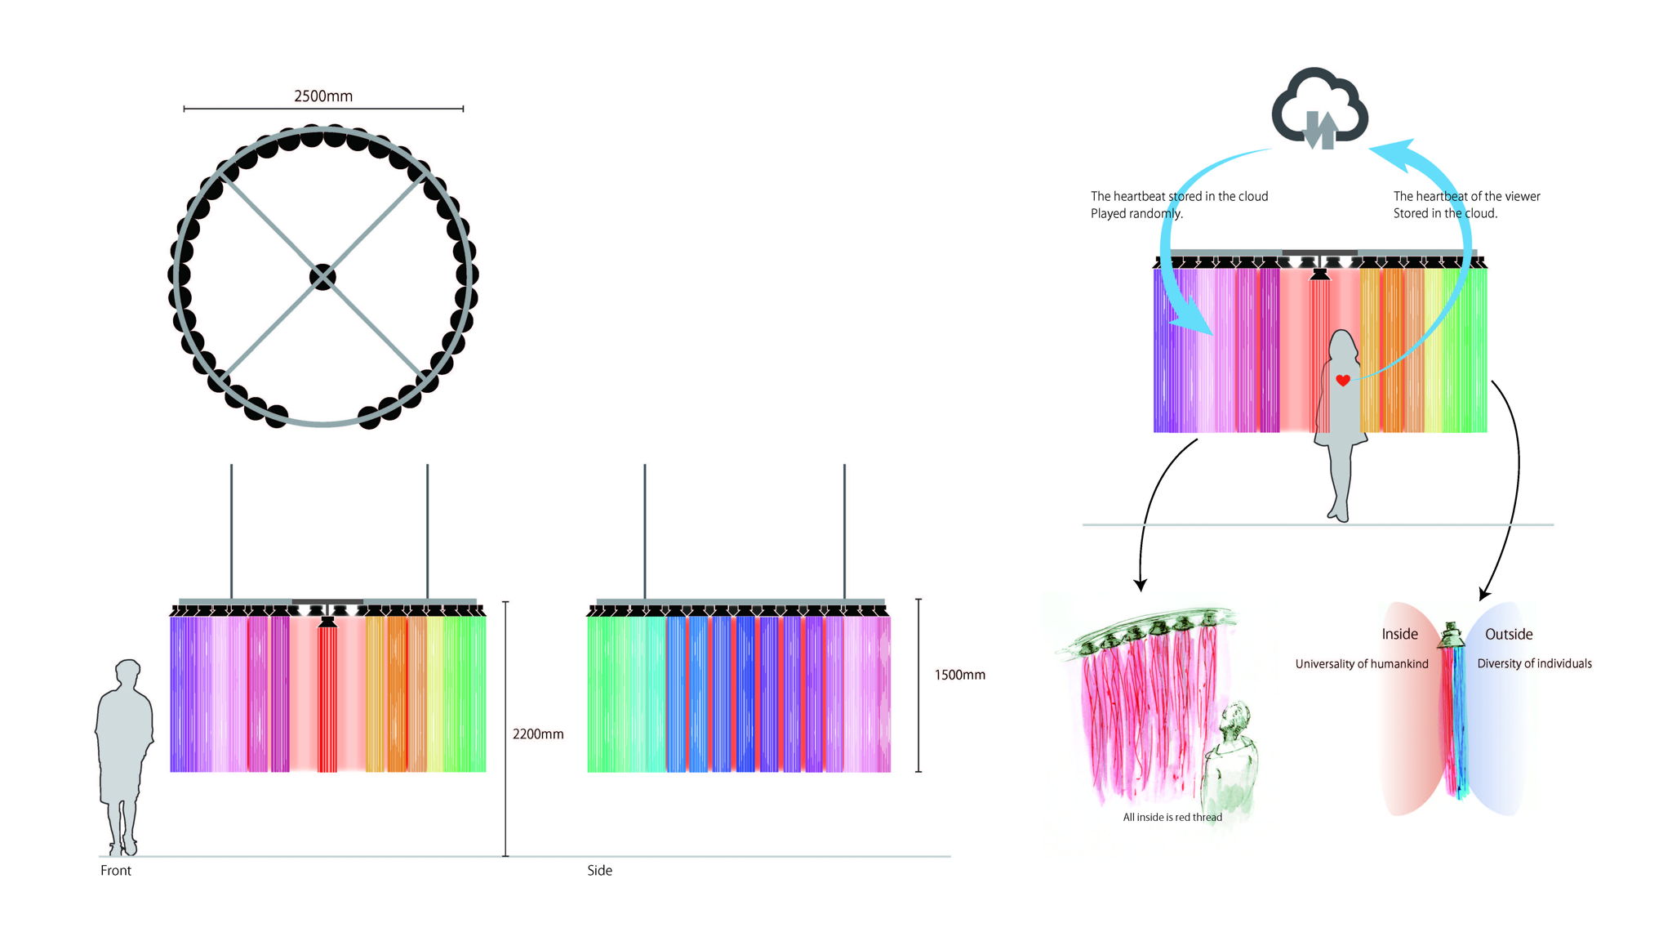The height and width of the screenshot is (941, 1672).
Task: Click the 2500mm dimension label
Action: (323, 96)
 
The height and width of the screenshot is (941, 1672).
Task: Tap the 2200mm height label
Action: (538, 734)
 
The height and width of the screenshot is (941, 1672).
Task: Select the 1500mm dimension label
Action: (959, 675)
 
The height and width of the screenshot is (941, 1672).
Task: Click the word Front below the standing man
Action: (115, 871)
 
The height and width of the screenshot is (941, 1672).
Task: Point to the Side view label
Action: (599, 871)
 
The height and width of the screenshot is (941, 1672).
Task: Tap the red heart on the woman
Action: (1343, 381)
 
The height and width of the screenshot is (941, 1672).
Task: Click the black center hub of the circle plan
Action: (323, 278)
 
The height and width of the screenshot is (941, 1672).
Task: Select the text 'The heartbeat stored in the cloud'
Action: (1179, 196)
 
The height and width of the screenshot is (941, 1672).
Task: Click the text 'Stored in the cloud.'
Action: (1445, 213)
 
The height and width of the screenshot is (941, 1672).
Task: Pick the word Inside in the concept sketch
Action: (1399, 634)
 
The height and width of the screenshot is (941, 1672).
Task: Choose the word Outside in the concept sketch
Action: (1509, 634)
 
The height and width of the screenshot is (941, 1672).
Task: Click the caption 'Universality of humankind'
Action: (1362, 664)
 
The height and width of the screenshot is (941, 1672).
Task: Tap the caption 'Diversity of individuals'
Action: (1534, 664)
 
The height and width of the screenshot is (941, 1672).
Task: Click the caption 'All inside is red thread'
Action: (1172, 818)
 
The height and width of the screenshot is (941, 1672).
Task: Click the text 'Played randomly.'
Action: (1136, 214)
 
